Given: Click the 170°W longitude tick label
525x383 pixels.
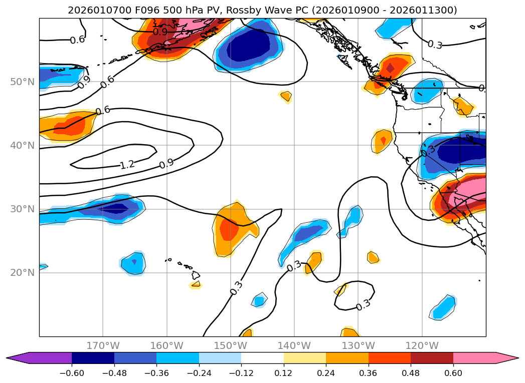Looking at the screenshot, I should [x=103, y=345].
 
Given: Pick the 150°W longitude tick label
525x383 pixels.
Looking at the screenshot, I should [x=231, y=345].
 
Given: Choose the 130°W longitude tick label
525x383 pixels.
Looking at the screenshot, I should [x=359, y=345].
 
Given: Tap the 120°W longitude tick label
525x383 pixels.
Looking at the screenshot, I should [x=422, y=345].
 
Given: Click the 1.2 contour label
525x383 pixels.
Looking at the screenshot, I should [x=127, y=164].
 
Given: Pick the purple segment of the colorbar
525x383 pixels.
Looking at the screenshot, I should [x=45, y=357].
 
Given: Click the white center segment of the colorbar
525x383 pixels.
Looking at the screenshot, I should [x=262, y=357].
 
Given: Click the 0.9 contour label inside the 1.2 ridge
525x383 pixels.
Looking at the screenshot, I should [x=166, y=163].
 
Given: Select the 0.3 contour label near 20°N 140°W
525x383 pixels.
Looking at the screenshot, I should [x=294, y=266].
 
